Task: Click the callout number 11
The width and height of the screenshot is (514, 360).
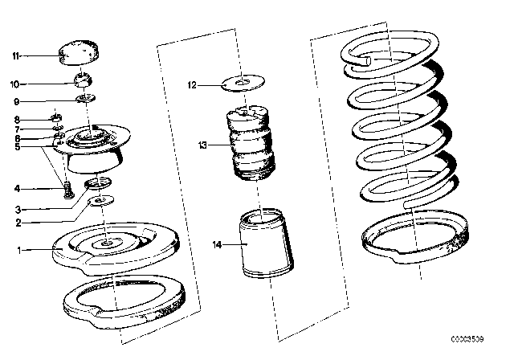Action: point(14,55)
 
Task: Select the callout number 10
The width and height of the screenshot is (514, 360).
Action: point(14,83)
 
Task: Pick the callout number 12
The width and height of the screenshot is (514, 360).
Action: point(191,84)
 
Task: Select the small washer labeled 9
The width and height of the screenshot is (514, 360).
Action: point(86,99)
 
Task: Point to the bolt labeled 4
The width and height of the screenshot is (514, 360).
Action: point(67,191)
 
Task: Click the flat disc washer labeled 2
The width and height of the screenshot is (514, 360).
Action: point(100,201)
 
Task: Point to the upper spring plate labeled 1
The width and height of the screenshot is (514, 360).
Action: point(104,246)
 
